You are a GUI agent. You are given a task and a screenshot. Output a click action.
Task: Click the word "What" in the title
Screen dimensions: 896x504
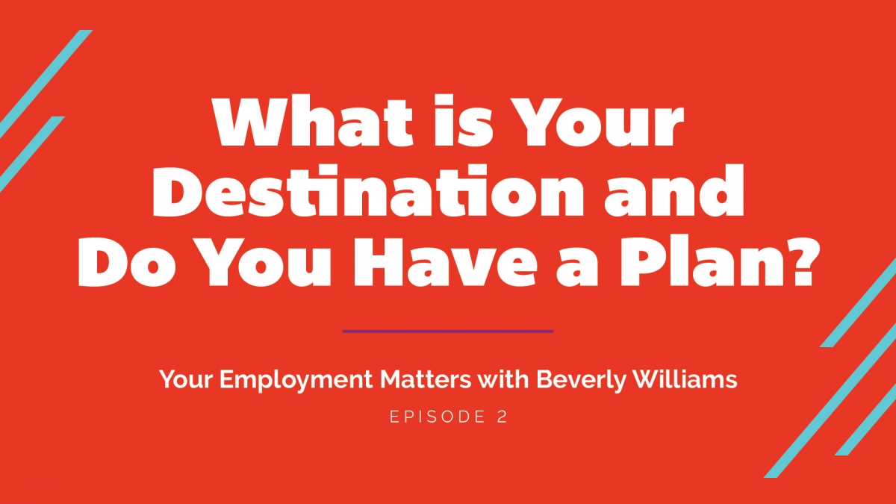(x=312, y=121)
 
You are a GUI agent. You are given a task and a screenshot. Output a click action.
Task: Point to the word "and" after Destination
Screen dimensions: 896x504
(x=674, y=190)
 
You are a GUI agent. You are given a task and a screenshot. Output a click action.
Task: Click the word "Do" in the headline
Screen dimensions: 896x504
(x=127, y=261)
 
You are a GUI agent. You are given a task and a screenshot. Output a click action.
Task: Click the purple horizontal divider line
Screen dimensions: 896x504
(x=448, y=332)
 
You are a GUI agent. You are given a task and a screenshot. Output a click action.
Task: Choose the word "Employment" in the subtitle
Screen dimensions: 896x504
(x=296, y=380)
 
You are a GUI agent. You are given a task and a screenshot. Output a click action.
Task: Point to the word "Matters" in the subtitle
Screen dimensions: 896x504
(x=426, y=379)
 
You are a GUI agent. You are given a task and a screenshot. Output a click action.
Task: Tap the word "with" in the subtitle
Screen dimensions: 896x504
(x=503, y=379)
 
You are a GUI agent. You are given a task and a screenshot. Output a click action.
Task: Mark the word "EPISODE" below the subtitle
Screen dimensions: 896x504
(x=438, y=417)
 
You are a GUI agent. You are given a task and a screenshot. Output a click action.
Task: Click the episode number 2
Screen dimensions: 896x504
(x=503, y=417)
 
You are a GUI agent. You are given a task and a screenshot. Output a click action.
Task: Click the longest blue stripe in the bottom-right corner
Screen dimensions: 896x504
(x=830, y=404)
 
